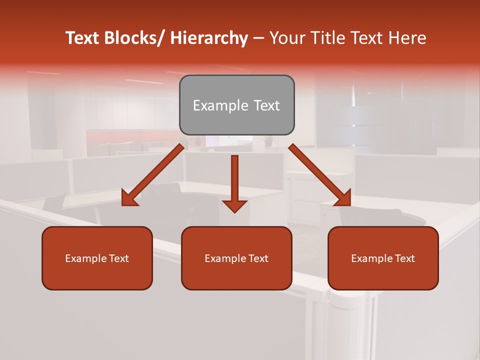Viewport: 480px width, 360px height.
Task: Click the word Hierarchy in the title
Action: coord(208,38)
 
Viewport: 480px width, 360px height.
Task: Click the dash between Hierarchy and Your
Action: coord(258,39)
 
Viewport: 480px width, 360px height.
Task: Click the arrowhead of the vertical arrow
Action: coord(234,205)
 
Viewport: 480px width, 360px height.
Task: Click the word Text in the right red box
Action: coord(404,258)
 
